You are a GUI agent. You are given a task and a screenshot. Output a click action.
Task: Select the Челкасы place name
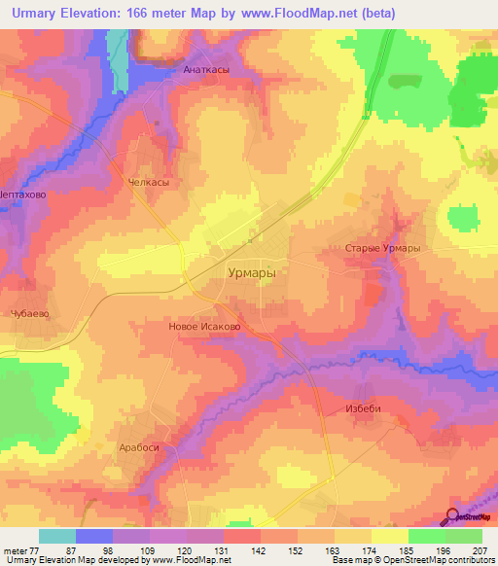[x=148, y=182]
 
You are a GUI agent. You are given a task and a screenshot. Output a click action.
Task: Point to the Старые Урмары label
[x=382, y=249]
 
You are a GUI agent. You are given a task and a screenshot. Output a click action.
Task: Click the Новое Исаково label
[x=204, y=327]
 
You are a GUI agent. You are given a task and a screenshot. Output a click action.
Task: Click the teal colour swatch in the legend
[x=57, y=536]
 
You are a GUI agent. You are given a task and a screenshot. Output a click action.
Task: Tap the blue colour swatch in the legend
[x=94, y=536]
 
